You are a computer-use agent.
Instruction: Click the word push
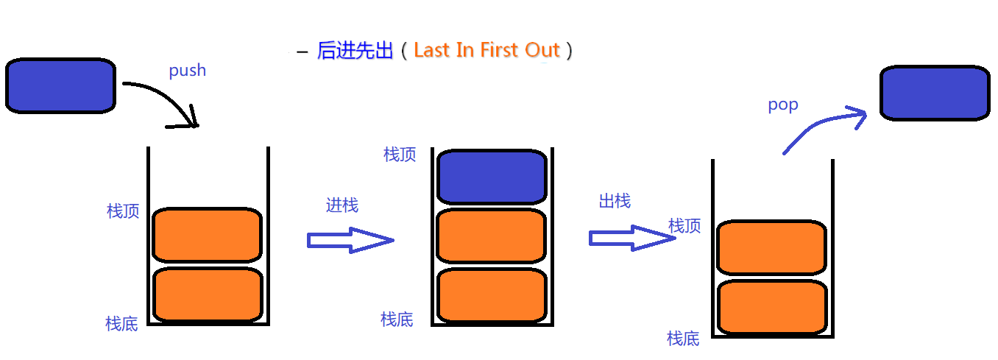tap(187, 71)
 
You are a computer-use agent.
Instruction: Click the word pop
tap(783, 105)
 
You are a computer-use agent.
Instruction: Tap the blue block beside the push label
tap(60, 85)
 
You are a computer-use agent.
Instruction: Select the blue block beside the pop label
tap(935, 93)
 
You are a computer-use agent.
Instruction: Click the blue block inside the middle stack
tap(492, 177)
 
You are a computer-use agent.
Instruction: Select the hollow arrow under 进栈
tap(350, 240)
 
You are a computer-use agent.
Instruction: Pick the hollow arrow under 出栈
tap(632, 238)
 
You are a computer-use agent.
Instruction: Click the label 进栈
tap(342, 205)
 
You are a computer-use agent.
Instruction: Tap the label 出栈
tap(615, 201)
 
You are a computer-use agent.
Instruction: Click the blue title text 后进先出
tap(355, 50)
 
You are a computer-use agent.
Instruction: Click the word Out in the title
tap(542, 49)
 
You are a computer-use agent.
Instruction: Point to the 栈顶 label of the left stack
tap(123, 211)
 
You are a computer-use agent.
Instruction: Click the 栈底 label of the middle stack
tap(397, 320)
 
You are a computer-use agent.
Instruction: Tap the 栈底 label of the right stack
tap(683, 339)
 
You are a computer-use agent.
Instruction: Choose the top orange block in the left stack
tap(207, 235)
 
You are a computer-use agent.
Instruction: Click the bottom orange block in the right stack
tap(772, 308)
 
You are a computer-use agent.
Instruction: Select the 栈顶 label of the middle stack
tap(400, 155)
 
